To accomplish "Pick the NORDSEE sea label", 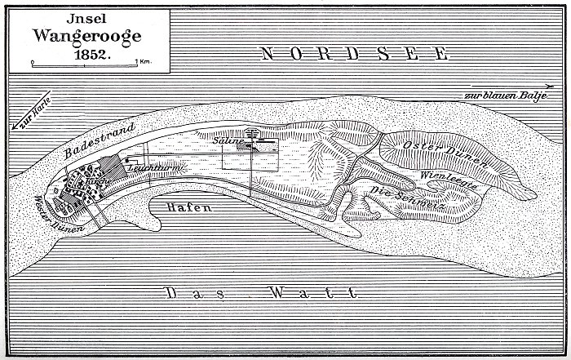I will point(354,55).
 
